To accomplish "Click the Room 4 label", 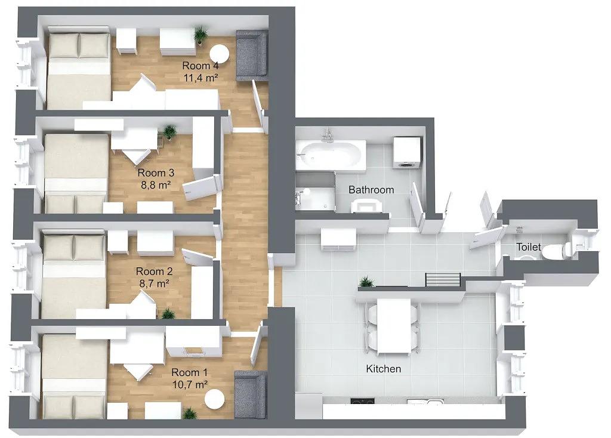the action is (x=200, y=66).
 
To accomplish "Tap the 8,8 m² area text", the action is (x=156, y=185).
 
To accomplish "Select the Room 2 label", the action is (x=155, y=272).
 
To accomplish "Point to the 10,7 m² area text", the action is (x=190, y=385).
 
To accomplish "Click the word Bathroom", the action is (x=371, y=190).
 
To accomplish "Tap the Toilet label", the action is (x=529, y=246).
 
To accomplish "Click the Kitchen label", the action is (x=384, y=369).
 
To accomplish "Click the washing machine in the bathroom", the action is (x=407, y=152).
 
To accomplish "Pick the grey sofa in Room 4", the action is (x=252, y=55).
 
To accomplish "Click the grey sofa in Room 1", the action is (x=251, y=394).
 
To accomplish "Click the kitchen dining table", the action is (x=394, y=326).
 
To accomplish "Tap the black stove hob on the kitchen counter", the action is (x=362, y=400).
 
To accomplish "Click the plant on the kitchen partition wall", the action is (x=366, y=281).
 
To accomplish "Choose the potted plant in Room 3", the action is (x=169, y=132).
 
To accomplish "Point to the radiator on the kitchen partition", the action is (x=443, y=279).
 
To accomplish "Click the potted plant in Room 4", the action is (x=200, y=34).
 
